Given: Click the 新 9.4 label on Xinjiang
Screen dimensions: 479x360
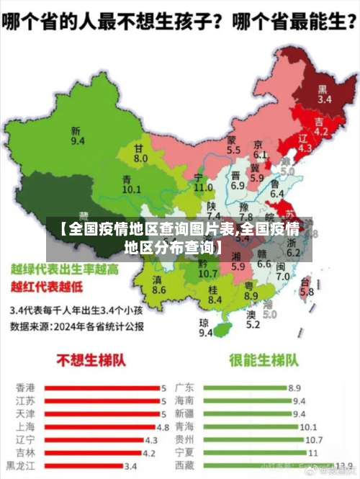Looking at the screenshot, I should (77, 135).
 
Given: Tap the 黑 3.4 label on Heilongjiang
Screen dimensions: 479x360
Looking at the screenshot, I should (324, 94).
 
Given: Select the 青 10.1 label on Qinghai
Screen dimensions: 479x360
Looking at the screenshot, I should (131, 184).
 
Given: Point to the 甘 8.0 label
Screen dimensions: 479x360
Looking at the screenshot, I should (140, 153).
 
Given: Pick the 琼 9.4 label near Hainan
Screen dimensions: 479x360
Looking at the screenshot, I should (205, 328).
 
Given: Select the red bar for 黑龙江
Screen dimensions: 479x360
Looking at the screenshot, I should (83, 465).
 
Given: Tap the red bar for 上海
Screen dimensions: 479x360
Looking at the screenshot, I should (100, 426).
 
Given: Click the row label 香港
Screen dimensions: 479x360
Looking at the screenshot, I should (25, 388).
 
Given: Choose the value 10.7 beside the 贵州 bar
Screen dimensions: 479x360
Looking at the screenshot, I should (313, 439).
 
